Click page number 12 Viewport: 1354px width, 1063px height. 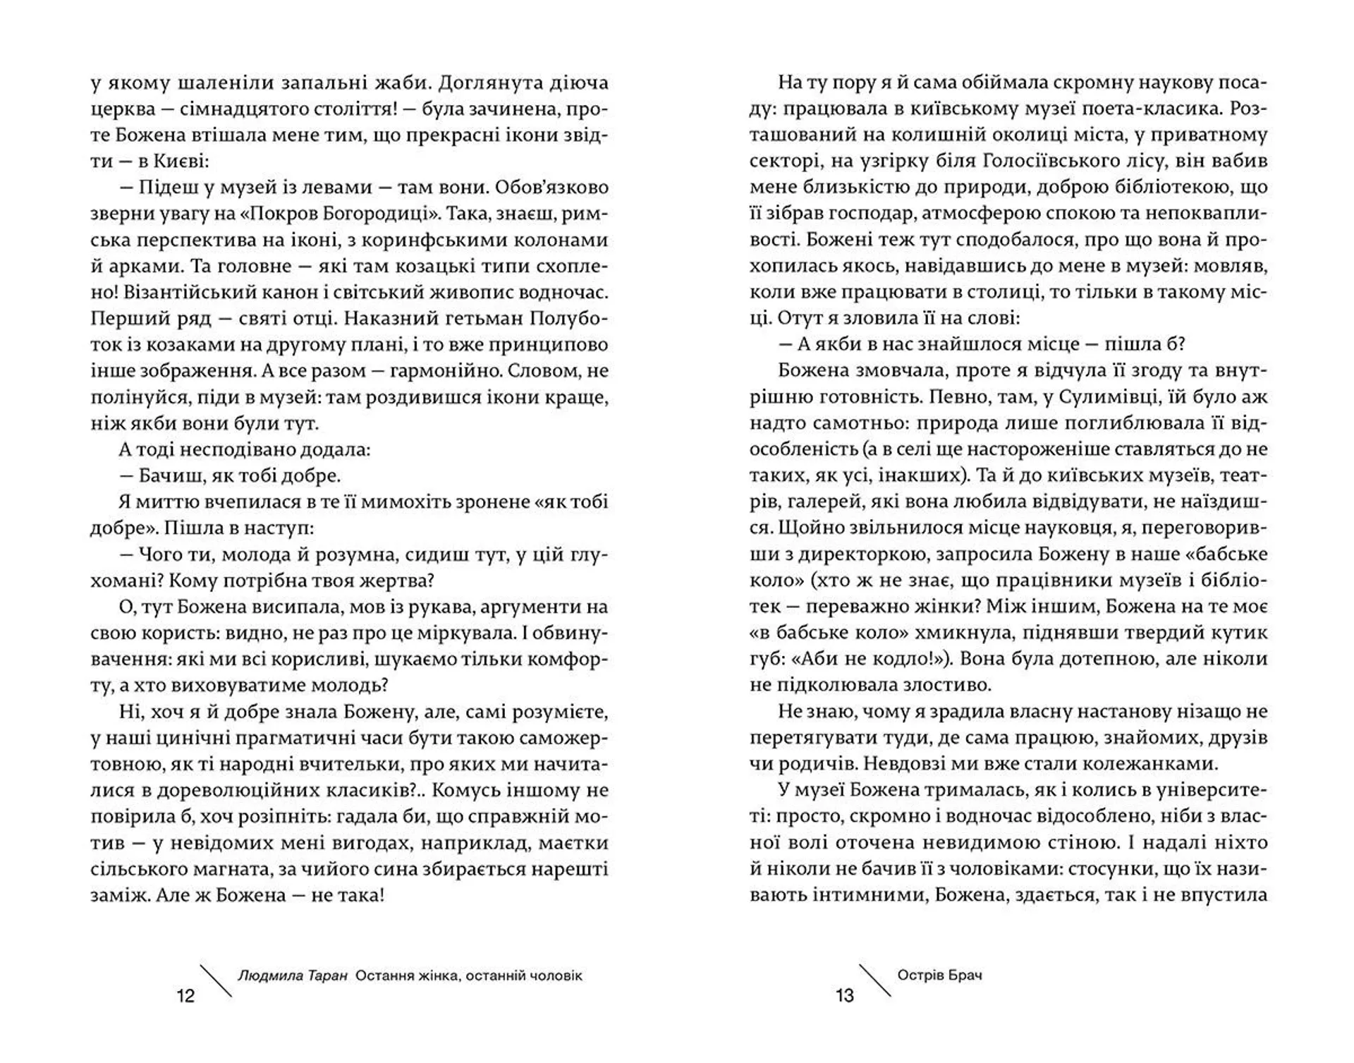185,995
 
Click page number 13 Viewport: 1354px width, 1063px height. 844,995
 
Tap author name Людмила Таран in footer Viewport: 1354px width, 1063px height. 293,976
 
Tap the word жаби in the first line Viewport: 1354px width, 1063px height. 402,83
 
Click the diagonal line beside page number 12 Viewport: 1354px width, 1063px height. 216,980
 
